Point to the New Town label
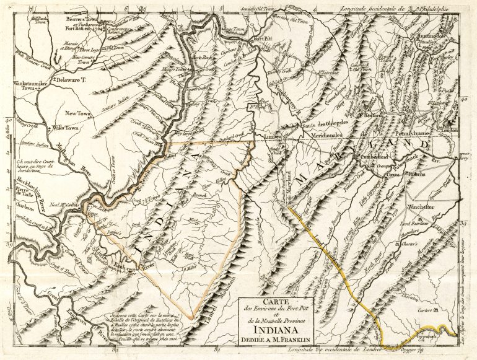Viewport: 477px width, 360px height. pos(79,113)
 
